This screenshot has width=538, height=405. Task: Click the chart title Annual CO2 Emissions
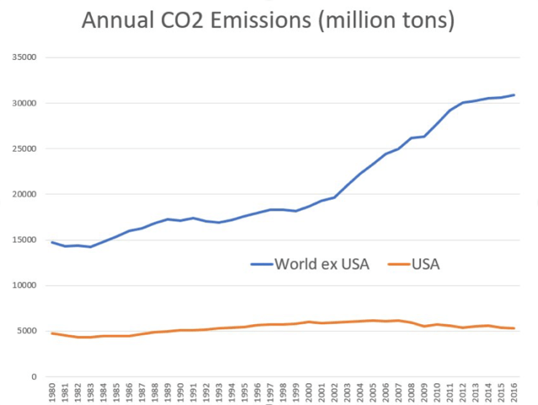pyautogui.click(x=268, y=20)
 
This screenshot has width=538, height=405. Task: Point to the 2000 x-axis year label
pyautogui.click(x=310, y=392)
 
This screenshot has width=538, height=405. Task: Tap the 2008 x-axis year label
pyautogui.click(x=412, y=392)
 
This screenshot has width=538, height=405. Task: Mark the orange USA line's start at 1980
pyautogui.click(x=53, y=333)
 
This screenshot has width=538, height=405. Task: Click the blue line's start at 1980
pyautogui.click(x=53, y=242)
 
